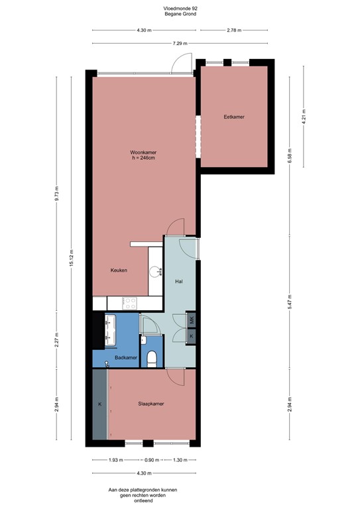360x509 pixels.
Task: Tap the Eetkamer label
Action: click(234, 117)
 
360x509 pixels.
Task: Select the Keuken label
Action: click(119, 270)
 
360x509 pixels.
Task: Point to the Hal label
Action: click(178, 282)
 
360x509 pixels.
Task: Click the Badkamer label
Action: click(125, 357)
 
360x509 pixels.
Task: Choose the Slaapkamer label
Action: click(150, 404)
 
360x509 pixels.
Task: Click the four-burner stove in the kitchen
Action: click(131, 302)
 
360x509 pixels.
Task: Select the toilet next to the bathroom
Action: click(152, 358)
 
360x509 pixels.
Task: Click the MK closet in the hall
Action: click(191, 321)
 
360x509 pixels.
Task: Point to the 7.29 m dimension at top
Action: click(179, 43)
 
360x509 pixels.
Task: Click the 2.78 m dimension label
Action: click(233, 30)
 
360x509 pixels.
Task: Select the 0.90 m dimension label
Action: click(152, 460)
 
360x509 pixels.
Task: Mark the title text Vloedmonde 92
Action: click(180, 7)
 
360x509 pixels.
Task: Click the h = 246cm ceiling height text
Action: click(143, 158)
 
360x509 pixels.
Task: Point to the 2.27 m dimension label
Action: click(57, 339)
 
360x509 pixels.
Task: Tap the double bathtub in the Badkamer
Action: click(110, 329)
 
